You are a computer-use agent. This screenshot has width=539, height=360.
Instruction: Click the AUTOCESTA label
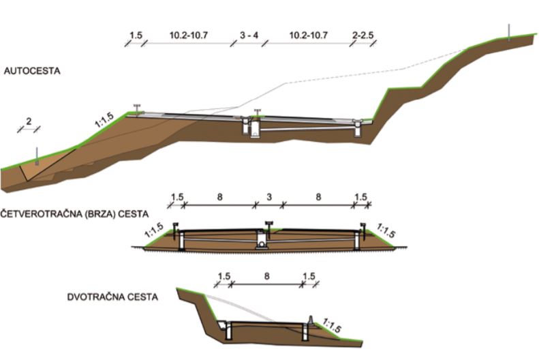32,71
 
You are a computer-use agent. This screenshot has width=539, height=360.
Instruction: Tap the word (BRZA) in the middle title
99,214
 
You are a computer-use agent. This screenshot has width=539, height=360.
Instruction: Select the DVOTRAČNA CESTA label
112,297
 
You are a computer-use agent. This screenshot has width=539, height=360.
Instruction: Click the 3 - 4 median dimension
249,35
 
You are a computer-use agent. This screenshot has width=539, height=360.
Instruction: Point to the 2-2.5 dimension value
363,35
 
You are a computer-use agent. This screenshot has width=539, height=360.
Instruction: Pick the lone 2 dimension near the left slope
29,121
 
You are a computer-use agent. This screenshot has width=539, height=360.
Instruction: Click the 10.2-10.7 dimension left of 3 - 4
188,35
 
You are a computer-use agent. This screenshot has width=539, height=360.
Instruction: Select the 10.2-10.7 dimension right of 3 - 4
309,35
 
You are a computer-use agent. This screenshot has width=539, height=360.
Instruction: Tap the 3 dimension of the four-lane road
269,197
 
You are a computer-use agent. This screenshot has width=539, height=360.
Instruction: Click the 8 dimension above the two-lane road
266,276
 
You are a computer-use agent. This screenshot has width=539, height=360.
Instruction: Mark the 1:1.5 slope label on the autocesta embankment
104,121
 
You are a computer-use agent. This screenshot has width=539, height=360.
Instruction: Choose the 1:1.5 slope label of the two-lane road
332,326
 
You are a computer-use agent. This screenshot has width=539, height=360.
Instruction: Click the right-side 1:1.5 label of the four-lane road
386,230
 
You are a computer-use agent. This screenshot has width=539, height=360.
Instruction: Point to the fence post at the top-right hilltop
509,33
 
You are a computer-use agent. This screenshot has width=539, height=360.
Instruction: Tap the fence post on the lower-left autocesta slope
37,157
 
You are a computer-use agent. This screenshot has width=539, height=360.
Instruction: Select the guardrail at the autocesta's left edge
138,108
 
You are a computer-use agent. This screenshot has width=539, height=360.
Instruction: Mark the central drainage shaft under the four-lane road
261,241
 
